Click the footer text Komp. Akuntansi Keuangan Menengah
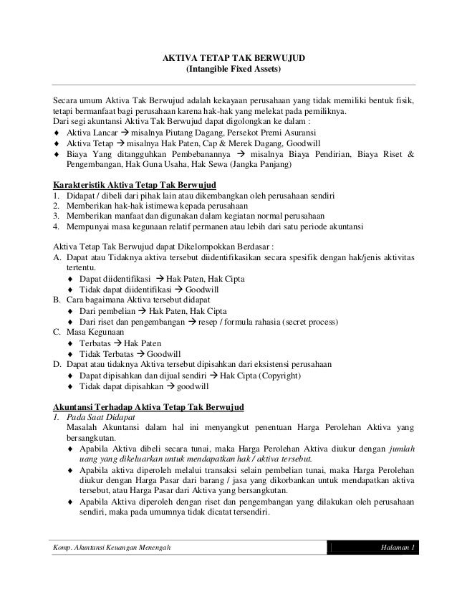click(112, 548)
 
